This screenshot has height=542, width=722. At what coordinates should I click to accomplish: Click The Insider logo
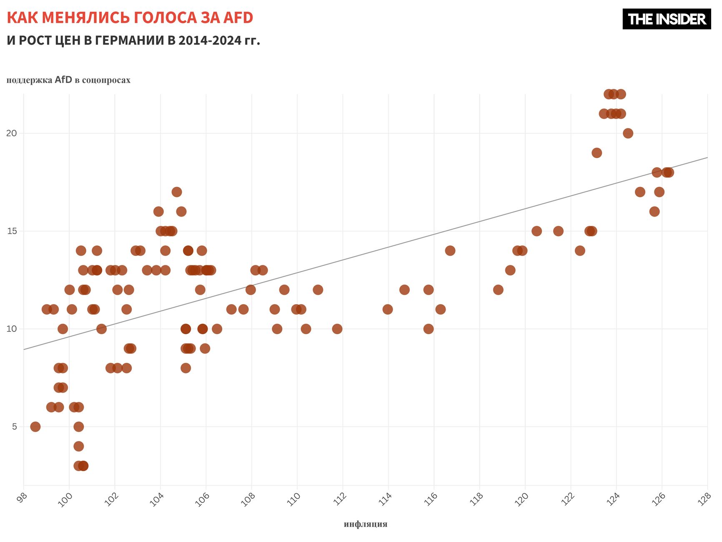point(666,19)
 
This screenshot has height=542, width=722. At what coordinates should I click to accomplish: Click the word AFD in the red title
point(238,18)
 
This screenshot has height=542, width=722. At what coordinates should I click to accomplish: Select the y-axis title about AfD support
point(68,80)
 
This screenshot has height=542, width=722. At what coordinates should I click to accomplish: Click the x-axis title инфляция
point(365,524)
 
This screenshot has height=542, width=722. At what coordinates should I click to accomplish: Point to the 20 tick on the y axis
point(12,134)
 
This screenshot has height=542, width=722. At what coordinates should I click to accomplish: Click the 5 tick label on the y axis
point(14,426)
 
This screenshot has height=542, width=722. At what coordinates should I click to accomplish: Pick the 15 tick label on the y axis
point(12,231)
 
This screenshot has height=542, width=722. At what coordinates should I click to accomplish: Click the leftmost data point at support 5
point(35,426)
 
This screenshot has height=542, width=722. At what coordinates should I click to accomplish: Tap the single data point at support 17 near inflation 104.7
point(177,192)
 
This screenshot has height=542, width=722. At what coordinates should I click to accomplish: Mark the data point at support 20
point(628,134)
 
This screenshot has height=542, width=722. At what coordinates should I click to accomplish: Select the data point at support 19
point(597,153)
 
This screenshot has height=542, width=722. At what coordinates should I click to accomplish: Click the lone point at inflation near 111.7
point(337,329)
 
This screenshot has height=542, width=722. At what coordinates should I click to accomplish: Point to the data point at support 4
point(79,446)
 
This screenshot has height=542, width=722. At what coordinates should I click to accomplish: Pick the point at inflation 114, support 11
point(388,309)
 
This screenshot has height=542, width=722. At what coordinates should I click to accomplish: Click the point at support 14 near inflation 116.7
point(450,251)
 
